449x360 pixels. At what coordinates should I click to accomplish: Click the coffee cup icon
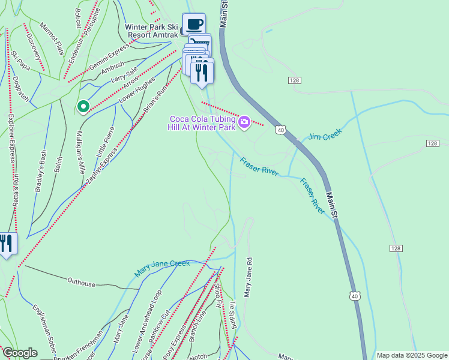point(194,24)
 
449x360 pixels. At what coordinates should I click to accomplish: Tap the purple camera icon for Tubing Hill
point(244,122)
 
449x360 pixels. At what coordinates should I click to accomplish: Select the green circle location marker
point(83,106)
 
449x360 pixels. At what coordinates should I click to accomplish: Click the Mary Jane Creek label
point(162,268)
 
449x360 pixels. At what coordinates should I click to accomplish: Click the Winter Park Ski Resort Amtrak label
point(152,31)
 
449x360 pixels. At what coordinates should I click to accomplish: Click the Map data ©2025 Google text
point(412,355)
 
